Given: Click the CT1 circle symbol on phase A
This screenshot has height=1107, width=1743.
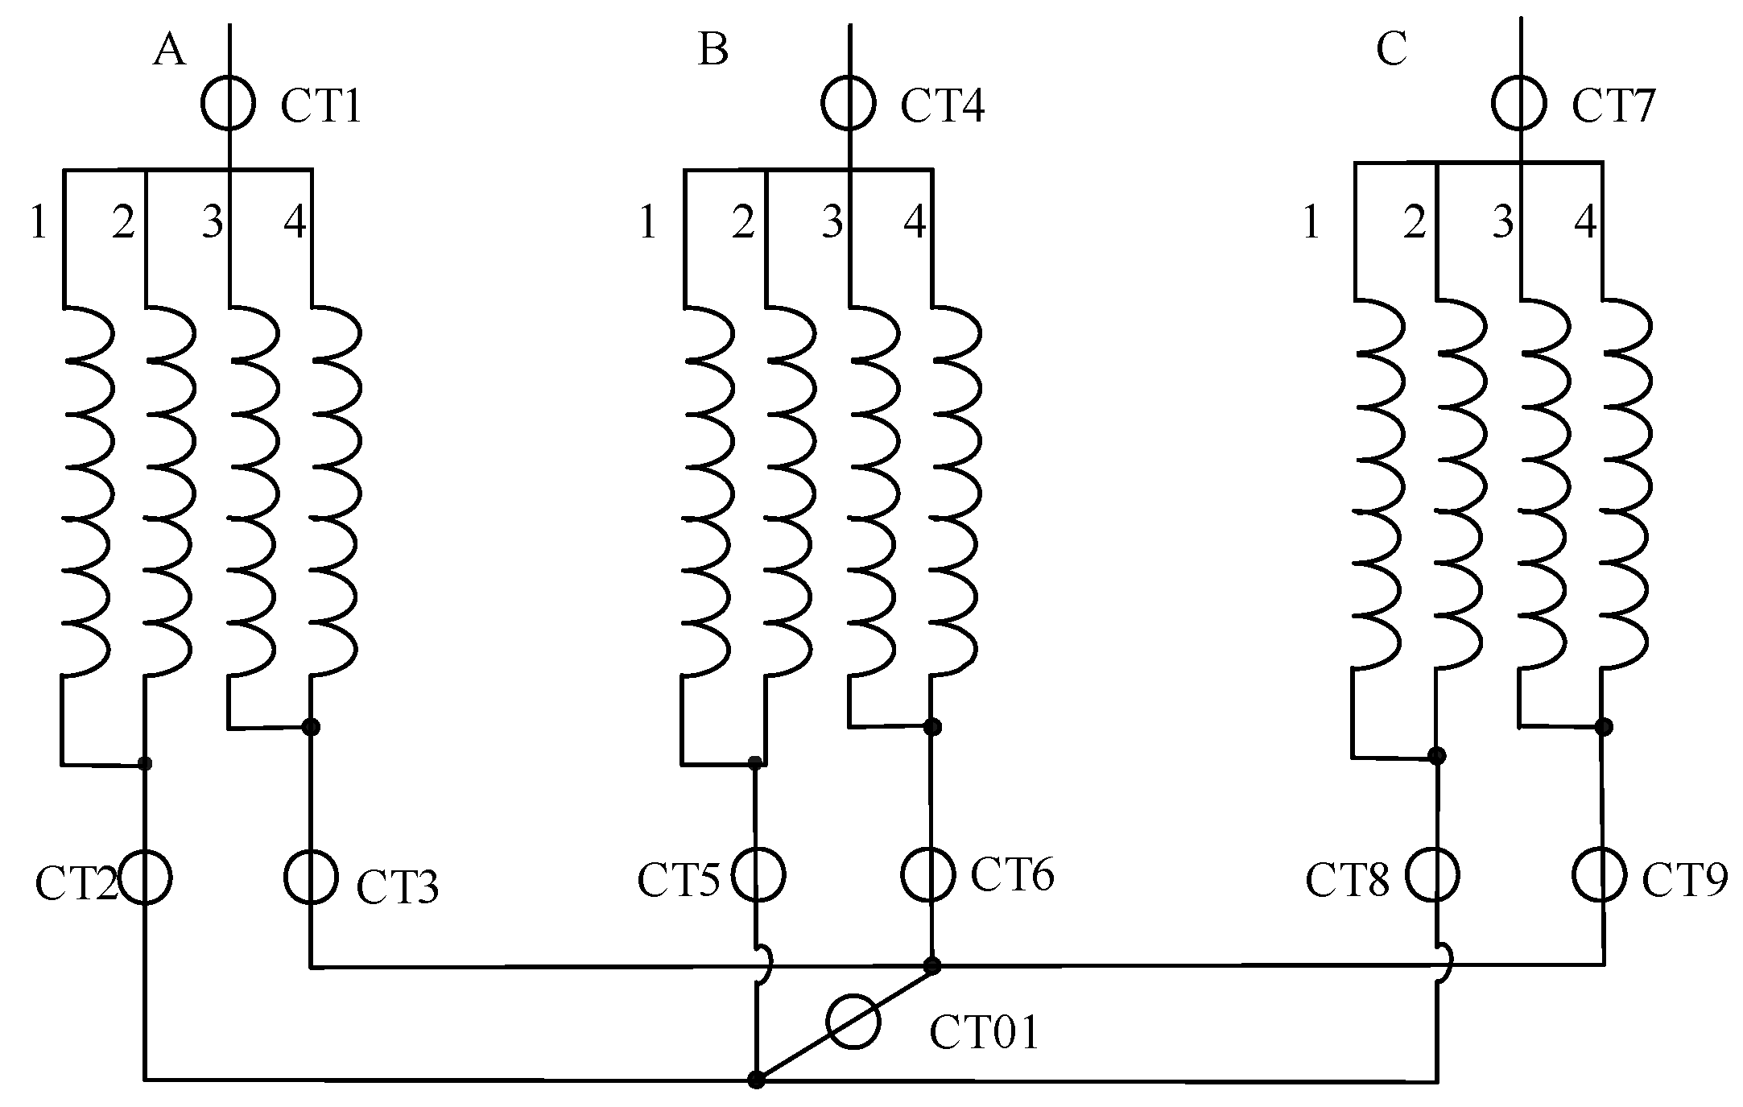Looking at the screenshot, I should pos(229,103).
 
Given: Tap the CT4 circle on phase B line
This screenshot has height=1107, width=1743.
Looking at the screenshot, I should pos(849,103).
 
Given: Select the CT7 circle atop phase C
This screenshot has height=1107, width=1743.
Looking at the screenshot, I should pos(1519,103).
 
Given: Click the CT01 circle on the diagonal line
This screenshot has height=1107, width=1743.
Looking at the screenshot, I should pos(853,1022).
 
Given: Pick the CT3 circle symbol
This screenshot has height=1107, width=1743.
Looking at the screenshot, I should pos(311,877).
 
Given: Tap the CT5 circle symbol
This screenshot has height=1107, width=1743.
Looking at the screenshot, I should pos(758,875).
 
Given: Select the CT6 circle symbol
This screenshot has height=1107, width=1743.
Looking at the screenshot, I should pos(928,874).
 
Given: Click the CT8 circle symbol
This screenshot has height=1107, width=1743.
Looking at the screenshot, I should pos(1433,875).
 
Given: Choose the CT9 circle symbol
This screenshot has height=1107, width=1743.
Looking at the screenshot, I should pos(1600,875).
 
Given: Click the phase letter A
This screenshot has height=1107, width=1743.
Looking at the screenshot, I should pos(169,50).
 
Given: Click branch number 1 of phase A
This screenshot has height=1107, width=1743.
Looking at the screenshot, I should pos(38,222).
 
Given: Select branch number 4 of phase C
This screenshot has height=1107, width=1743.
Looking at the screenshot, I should pos(1584,221).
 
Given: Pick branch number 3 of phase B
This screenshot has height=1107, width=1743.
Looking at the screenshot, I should pos(832,221).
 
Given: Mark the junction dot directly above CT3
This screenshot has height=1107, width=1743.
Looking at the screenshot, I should pos(311,727).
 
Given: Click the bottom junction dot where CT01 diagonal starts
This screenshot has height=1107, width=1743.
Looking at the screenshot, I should pos(756,1080).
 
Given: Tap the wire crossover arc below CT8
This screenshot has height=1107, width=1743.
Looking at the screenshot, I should pos(1444,966).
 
